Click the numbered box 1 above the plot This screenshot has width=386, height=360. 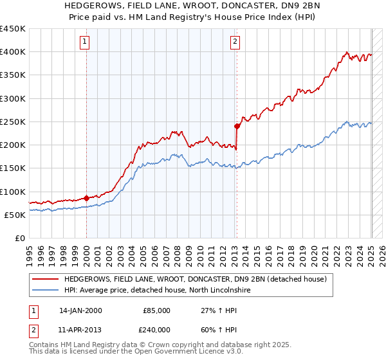pos(85,42)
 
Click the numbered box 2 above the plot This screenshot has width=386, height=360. pos(235,42)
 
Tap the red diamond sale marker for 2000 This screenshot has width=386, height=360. pos(86,198)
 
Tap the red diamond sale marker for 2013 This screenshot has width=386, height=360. pos(237,126)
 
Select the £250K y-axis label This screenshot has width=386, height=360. pos(13,122)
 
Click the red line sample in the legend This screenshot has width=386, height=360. pos(46,280)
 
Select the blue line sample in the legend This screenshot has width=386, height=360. pos(46,291)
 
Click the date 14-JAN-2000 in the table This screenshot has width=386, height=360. pos(80,310)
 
